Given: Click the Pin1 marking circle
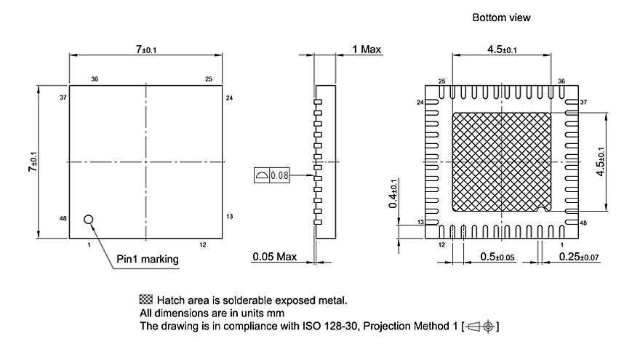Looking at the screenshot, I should [x=89, y=219].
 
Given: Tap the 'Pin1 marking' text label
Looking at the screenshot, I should [x=148, y=259].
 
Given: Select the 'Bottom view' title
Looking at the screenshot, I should [x=502, y=17].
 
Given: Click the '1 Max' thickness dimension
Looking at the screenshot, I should [x=367, y=49].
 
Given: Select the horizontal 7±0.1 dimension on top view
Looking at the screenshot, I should [x=145, y=49].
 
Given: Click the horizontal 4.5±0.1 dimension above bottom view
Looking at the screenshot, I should [x=502, y=49].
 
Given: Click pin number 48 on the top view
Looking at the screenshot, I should [x=63, y=217].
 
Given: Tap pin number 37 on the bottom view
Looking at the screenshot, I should [x=583, y=103].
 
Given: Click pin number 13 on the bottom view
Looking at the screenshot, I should [x=420, y=222].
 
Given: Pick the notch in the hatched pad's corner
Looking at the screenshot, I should [x=543, y=210].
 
